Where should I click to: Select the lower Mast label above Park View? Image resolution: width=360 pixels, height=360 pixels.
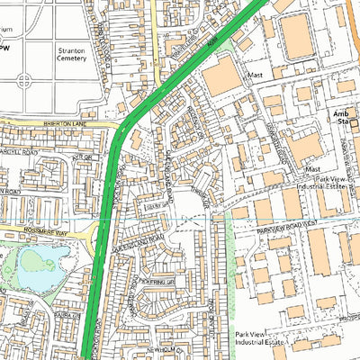[x=312, y=168]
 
